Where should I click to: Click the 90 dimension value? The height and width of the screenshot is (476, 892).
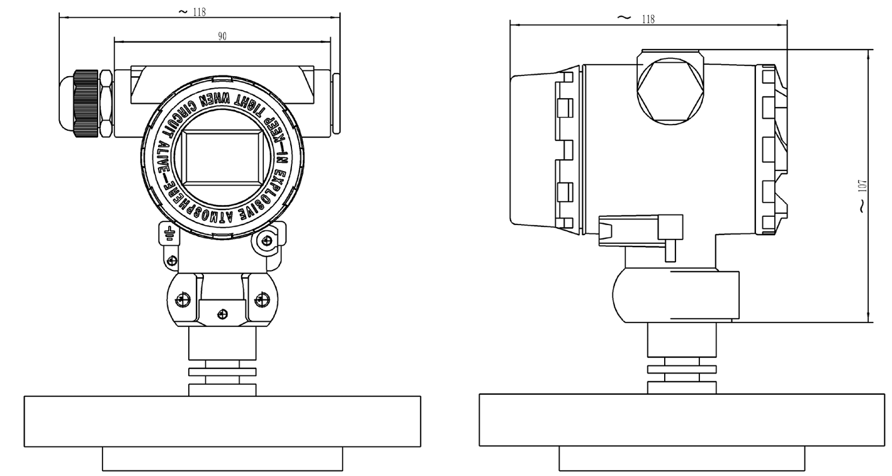[222, 36]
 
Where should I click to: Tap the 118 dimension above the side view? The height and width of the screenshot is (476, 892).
[647, 19]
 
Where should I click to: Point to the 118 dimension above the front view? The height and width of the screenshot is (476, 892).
[200, 11]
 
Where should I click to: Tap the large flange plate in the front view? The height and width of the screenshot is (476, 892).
[222, 421]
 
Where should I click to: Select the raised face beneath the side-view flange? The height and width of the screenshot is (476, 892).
[681, 458]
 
